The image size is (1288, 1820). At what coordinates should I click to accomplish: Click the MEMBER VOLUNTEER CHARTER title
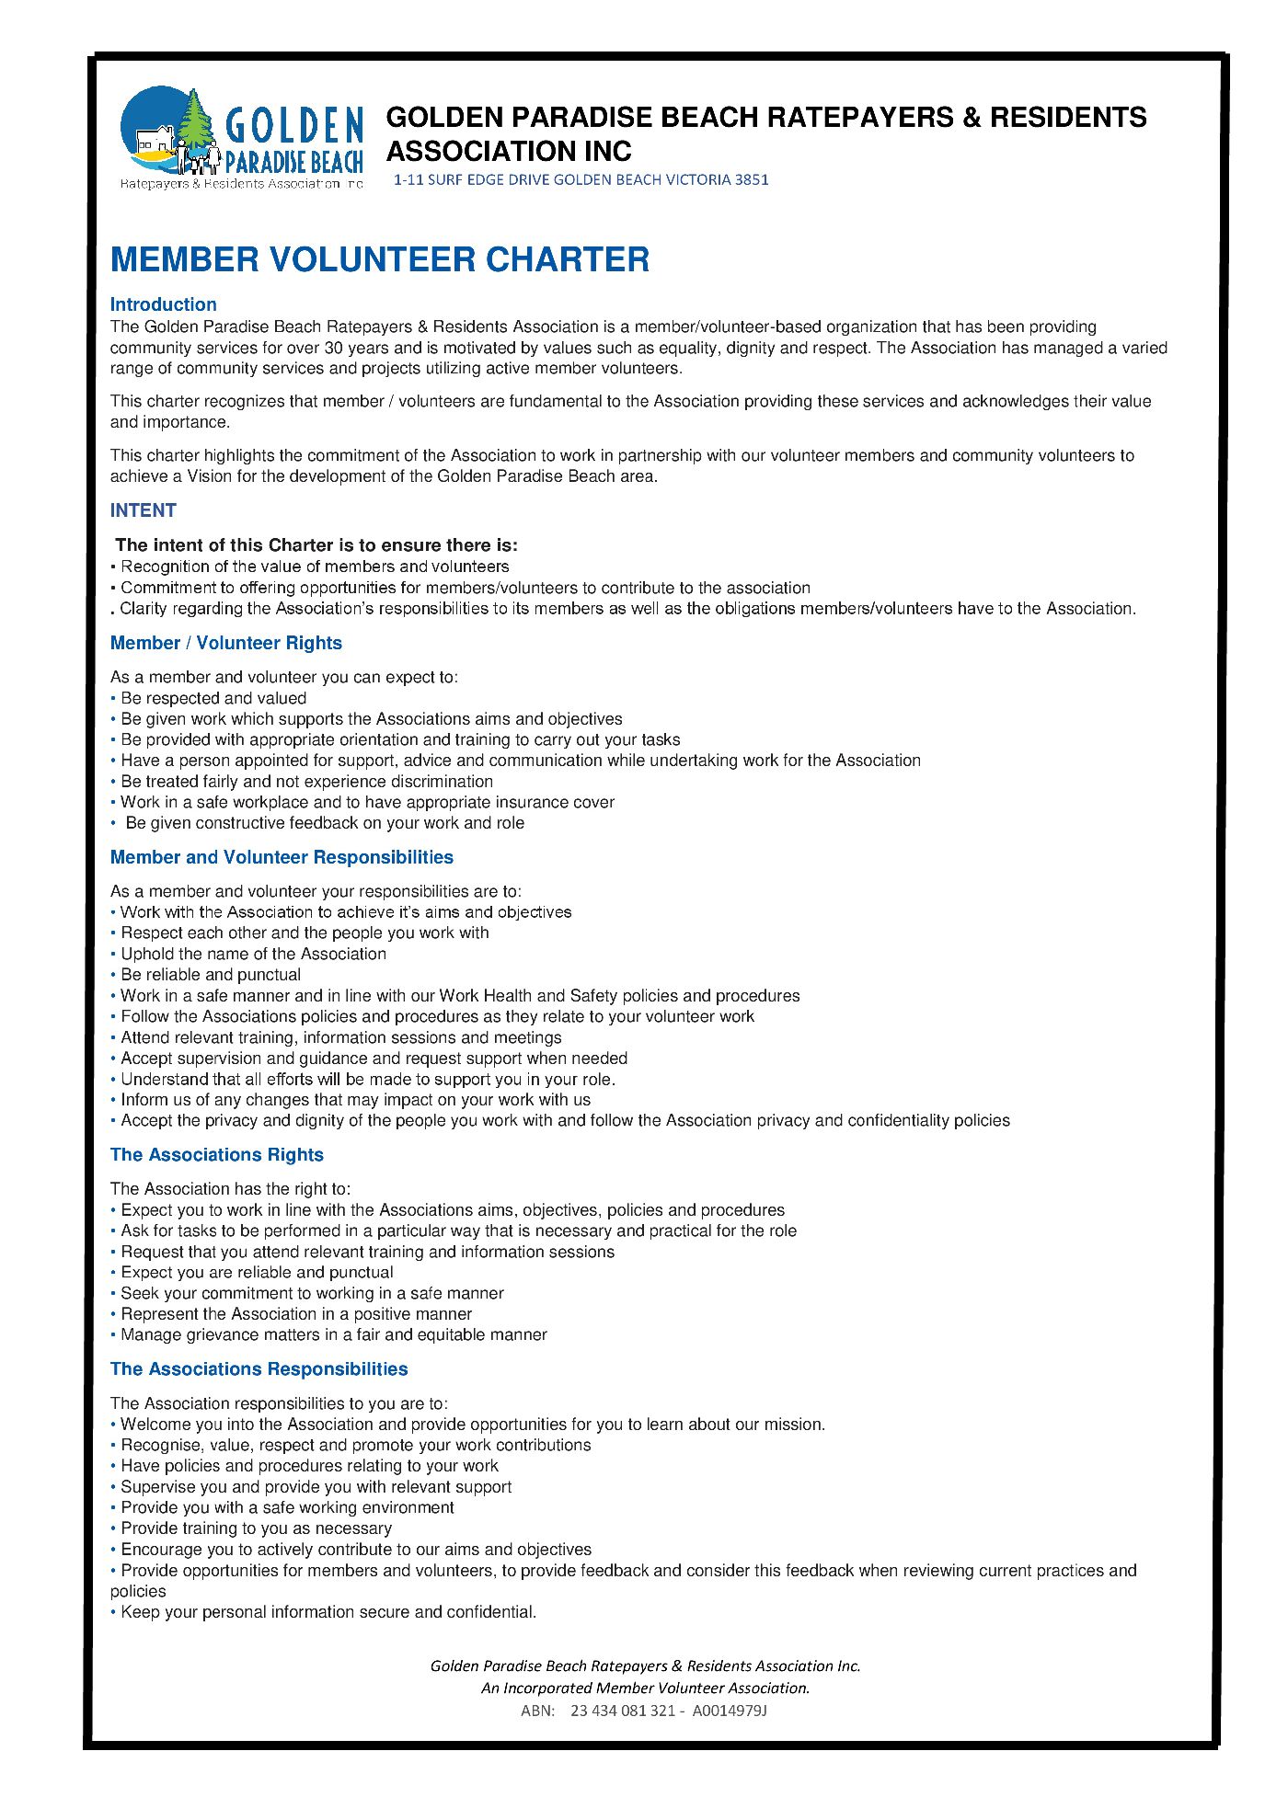pos(379,260)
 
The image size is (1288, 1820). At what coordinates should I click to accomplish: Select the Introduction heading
pos(163,304)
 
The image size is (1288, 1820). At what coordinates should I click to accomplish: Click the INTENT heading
pos(143,510)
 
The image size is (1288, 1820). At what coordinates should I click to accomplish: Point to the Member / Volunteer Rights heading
pos(225,644)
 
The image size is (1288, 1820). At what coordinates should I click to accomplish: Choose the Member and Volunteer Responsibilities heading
pos(282,857)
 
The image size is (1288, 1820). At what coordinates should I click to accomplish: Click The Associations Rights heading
pos(216,1155)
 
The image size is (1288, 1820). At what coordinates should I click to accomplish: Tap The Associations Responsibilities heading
pos(259,1369)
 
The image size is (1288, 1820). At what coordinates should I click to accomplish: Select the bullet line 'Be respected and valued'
pos(213,699)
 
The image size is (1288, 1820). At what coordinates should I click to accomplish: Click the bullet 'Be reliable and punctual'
pos(211,975)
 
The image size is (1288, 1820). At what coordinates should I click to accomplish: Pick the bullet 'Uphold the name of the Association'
pos(253,955)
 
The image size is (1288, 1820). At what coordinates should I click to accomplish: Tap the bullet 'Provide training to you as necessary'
pos(256,1528)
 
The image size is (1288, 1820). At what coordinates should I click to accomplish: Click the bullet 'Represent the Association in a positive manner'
pos(296,1314)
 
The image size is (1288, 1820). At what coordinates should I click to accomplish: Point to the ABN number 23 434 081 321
pos(623,1711)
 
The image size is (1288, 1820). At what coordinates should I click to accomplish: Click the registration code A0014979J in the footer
pos(730,1711)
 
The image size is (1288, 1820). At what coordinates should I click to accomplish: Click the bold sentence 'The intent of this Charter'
pos(316,545)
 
